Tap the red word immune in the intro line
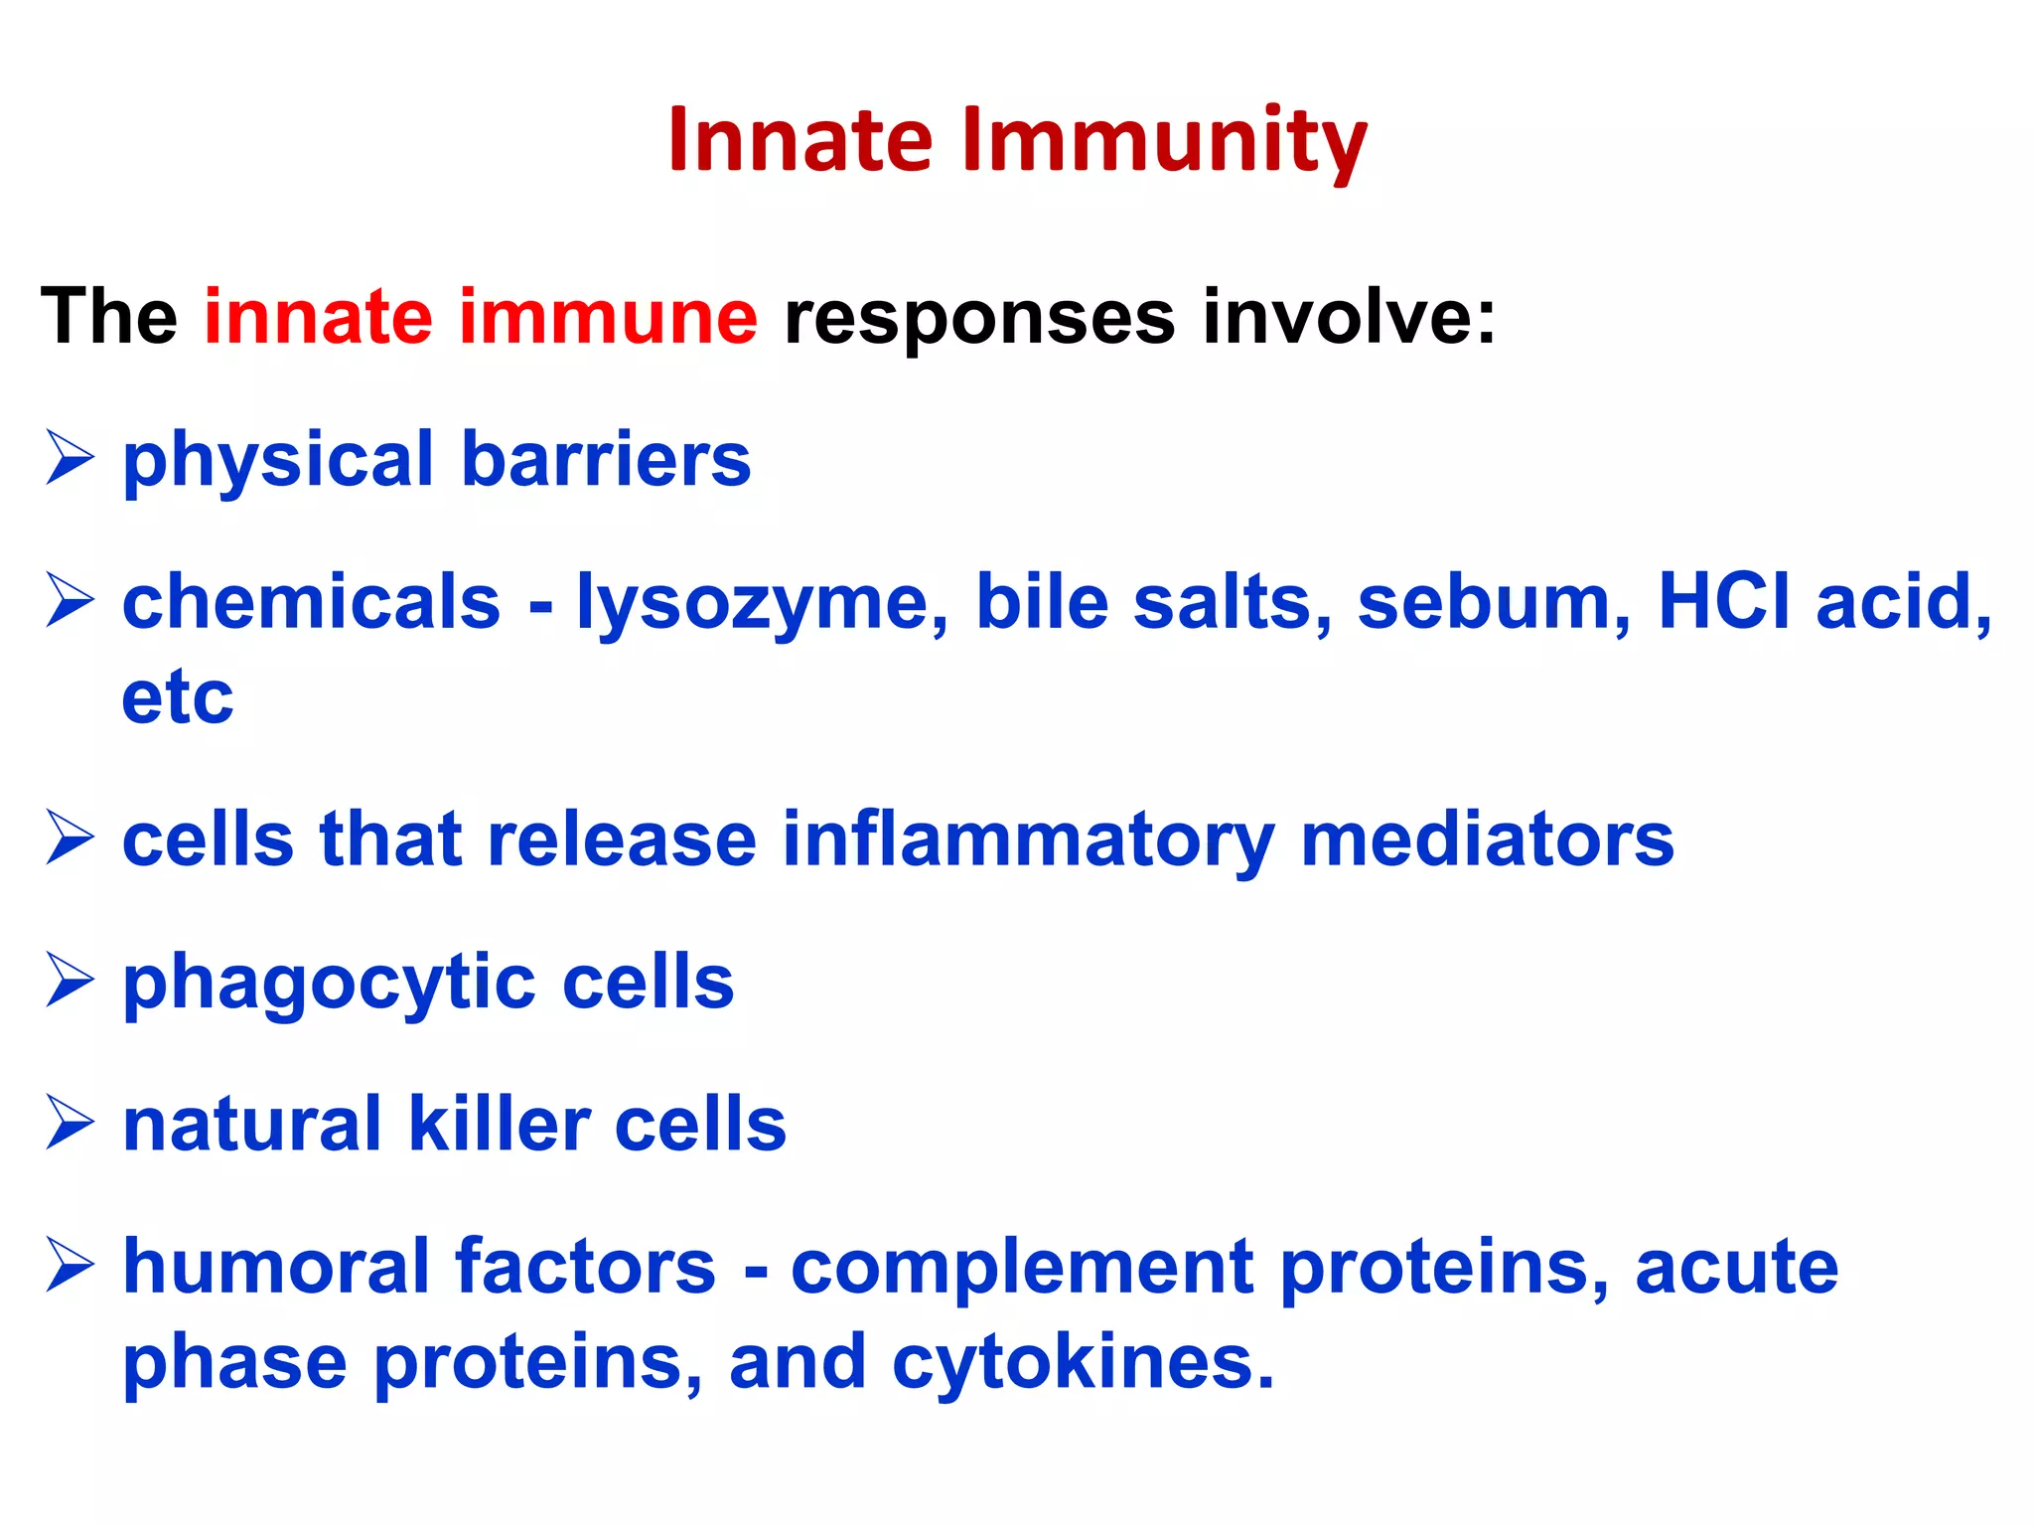(x=608, y=317)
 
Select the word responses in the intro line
(x=978, y=319)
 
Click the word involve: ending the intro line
(x=1349, y=317)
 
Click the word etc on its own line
(x=178, y=697)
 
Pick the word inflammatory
(x=1028, y=840)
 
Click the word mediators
(x=1487, y=840)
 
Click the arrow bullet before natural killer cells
(x=70, y=1124)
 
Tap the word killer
(x=499, y=1124)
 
